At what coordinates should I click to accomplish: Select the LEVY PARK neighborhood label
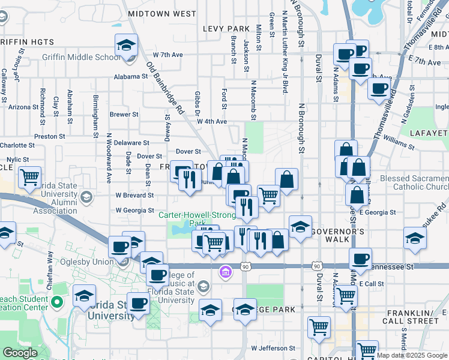pos(226,29)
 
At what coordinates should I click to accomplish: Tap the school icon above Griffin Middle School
pos(127,45)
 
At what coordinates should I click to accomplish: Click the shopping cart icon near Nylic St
pos(29,178)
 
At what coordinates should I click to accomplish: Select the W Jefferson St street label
pos(273,348)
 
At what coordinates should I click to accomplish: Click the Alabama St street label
pos(131,77)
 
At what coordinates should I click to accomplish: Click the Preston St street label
pos(46,137)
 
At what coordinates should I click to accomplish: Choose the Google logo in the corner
pos(20,353)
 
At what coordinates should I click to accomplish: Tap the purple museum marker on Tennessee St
pos(226,272)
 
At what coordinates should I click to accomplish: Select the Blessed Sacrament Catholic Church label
pos(414,182)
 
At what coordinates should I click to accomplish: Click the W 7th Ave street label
pos(167,55)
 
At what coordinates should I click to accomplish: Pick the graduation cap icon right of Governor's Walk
pos(415,238)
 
